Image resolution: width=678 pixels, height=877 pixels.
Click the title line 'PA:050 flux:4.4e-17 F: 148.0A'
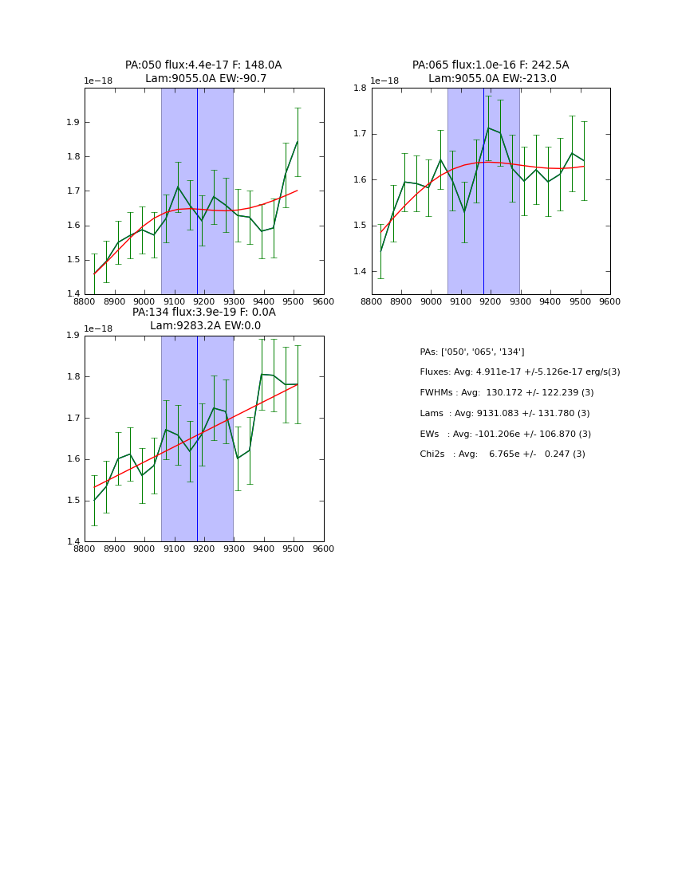point(203,65)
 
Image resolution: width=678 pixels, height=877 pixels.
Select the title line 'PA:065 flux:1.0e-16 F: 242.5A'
point(491,65)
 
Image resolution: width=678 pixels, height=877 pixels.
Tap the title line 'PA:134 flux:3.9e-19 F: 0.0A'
point(204,313)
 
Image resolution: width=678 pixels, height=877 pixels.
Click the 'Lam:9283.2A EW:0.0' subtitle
point(205,326)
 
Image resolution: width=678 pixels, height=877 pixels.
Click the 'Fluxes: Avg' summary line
point(519,372)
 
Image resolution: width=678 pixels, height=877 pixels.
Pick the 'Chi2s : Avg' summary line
point(502,454)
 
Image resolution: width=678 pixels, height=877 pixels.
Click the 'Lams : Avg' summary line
point(504,414)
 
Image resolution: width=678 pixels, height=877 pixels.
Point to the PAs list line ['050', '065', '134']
point(471,352)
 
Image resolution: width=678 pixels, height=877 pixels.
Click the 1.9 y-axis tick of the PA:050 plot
point(73,123)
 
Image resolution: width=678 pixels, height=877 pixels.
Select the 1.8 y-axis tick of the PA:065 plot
point(360,88)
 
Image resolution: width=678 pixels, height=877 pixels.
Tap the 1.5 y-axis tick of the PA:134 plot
point(73,501)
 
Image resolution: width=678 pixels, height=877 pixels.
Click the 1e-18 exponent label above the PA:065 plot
point(384,81)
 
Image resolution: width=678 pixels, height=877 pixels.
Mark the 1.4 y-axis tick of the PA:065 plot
point(360,272)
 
